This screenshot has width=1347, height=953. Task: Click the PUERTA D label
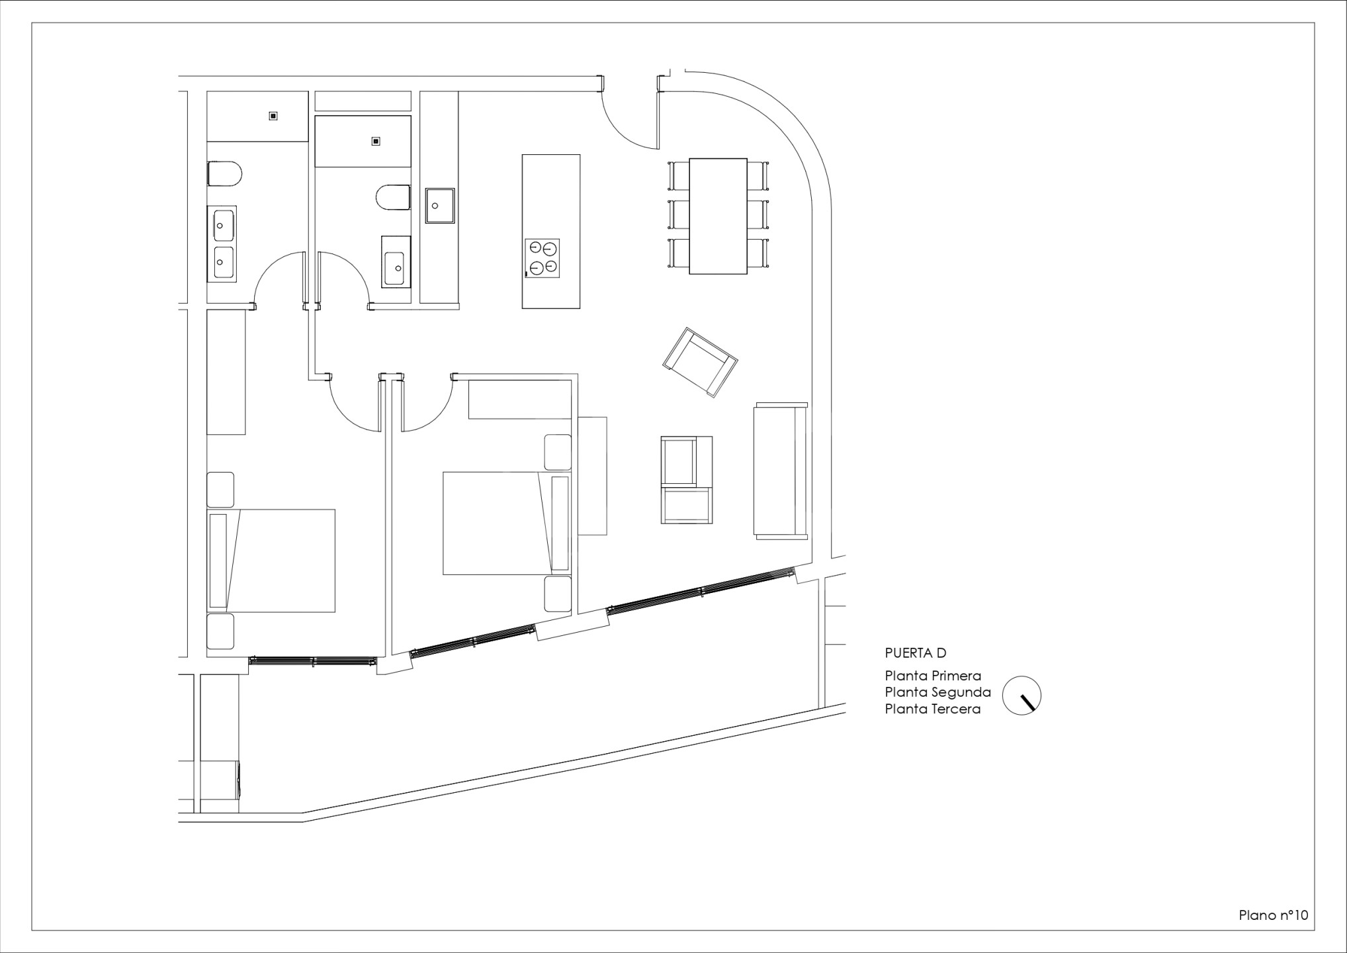[x=916, y=653]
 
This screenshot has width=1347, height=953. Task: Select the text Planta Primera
[x=933, y=676]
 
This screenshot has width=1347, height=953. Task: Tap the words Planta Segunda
[x=938, y=693]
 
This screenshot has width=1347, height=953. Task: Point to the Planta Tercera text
[x=933, y=709]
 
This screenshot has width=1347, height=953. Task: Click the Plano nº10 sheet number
[x=1274, y=915]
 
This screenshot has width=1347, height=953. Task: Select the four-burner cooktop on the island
[x=543, y=258]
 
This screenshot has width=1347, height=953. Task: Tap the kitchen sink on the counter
[x=440, y=206]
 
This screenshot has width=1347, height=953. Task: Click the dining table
[x=718, y=216]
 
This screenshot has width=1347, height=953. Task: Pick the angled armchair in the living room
[x=700, y=362]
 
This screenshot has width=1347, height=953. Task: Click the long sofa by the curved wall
[x=781, y=470]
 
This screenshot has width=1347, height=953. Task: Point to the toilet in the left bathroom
[x=224, y=174]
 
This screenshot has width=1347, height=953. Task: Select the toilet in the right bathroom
[x=393, y=197]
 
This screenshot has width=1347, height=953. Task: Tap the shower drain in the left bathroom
[x=273, y=116]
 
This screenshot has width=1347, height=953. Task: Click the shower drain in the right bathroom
[x=376, y=141]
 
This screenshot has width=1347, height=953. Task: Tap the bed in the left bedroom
[x=271, y=561]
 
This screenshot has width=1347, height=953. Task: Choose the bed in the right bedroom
[x=507, y=523]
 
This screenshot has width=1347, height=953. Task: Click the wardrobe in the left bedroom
[x=226, y=372]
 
